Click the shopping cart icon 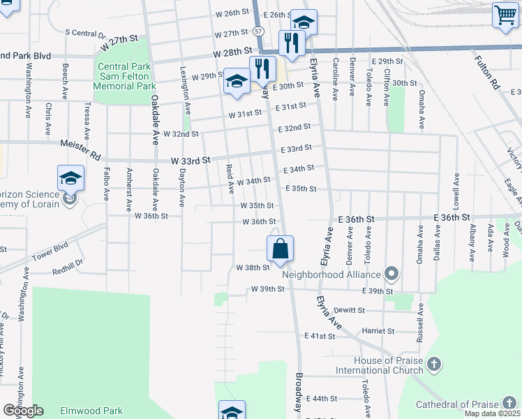[505, 15]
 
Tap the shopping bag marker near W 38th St [280, 249]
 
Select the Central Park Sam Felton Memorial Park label [126, 76]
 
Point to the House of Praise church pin [434, 364]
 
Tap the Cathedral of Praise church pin [510, 404]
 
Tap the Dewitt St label [349, 310]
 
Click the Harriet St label [378, 331]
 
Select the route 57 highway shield [259, 32]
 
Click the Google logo [24, 410]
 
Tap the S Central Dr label [84, 32]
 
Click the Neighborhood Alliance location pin [392, 274]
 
